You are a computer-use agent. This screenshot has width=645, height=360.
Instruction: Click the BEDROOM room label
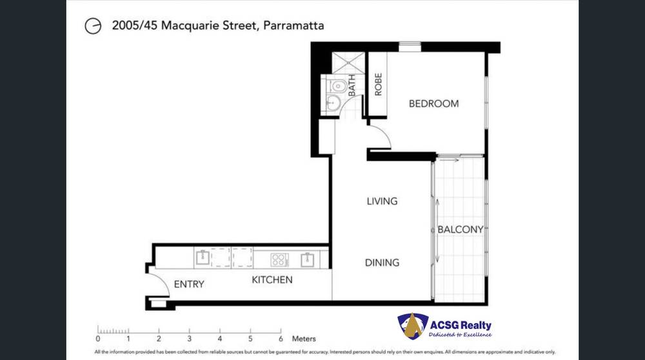click(x=433, y=103)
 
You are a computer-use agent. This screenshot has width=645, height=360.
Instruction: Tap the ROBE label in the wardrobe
click(x=379, y=84)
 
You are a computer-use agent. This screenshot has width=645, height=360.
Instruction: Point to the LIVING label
click(x=382, y=201)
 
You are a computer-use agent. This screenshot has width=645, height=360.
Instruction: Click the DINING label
click(x=382, y=263)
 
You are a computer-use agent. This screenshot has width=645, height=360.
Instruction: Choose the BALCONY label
click(x=460, y=230)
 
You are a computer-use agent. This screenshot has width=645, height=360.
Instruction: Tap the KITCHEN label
click(x=272, y=280)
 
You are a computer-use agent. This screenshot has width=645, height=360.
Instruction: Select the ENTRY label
click(x=189, y=284)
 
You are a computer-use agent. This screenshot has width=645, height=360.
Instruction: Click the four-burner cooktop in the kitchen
click(x=279, y=260)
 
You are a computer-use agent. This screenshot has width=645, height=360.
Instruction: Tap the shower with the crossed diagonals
click(x=348, y=63)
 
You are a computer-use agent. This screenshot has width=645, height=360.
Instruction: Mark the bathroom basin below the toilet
click(x=332, y=103)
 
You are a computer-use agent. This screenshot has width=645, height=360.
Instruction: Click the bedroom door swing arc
click(x=379, y=136)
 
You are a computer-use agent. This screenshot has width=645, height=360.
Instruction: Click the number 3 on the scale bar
click(x=189, y=338)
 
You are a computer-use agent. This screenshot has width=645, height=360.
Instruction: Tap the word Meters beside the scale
click(x=304, y=338)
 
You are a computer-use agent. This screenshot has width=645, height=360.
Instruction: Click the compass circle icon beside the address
click(x=94, y=26)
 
